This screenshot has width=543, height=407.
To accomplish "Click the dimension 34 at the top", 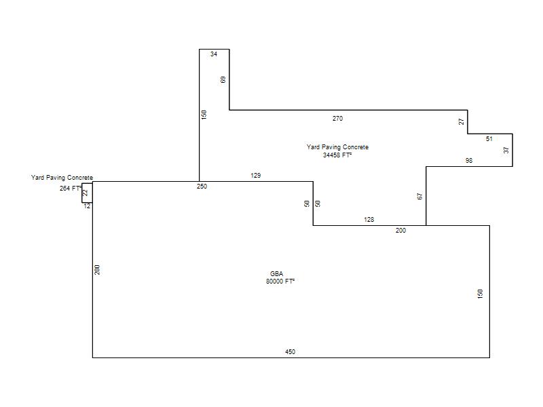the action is [214, 54].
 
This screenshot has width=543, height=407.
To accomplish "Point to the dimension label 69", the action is [223, 79].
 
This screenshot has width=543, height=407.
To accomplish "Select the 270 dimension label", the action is [337, 118].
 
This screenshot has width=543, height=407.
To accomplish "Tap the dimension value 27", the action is [462, 121].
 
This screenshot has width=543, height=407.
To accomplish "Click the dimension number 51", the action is [489, 139].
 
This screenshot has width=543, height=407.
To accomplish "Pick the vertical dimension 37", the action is [506, 150].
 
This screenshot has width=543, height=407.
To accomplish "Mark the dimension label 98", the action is [469, 160].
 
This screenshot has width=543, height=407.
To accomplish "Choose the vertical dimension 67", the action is [420, 196].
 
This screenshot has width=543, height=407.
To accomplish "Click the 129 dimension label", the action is [256, 176].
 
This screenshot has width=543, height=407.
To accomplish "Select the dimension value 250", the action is [202, 186].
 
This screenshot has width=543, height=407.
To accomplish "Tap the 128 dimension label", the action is [369, 219].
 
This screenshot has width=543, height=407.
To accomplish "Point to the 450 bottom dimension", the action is [291, 351].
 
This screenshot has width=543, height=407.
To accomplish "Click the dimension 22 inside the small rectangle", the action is [86, 193].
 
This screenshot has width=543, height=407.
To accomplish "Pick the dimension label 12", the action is [87, 206].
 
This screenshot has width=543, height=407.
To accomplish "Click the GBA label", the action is [277, 274].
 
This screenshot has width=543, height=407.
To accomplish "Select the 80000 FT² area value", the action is [280, 282].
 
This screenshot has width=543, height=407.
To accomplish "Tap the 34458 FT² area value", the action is [337, 155].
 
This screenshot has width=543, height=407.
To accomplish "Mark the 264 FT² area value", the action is [71, 189].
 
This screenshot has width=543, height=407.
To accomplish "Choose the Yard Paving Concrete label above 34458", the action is [337, 147].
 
